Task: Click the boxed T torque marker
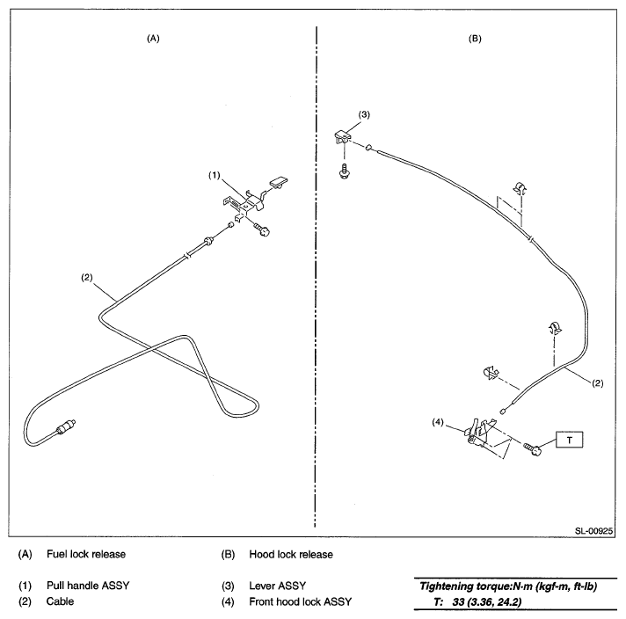coord(569,440)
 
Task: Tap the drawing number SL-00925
coord(593,531)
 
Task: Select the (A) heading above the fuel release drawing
coord(153,39)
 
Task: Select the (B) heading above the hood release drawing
coord(475,39)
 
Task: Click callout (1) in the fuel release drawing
coord(215,175)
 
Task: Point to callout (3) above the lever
coord(364,114)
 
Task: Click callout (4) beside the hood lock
coord(438,422)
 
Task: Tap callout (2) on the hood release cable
coord(597,383)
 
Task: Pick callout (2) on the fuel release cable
coord(87,277)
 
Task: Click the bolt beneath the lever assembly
coord(344,170)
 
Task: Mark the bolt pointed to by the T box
coord(533,449)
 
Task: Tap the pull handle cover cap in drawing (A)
coord(280,182)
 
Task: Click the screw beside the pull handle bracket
coord(261,229)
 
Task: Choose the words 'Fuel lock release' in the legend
coord(86,554)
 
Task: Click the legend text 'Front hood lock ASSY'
coord(300,601)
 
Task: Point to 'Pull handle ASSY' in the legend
coord(88,586)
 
